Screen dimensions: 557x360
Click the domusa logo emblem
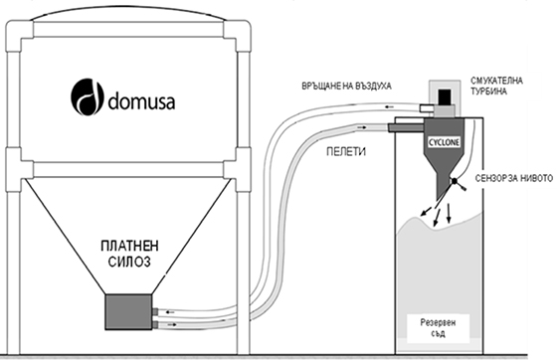88,96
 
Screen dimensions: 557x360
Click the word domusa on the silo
141,100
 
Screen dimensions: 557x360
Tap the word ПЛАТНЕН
129,246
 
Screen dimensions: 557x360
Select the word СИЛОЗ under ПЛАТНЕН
129,262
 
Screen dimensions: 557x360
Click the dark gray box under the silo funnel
129,311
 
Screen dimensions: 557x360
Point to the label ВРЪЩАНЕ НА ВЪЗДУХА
347,87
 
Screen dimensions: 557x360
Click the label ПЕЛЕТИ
346,152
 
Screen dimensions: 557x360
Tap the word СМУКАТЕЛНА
496,81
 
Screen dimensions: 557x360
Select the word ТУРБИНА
488,91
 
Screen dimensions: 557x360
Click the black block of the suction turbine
444,96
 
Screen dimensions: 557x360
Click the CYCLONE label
444,143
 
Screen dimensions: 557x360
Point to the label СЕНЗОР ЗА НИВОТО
513,178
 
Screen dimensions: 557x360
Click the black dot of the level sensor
455,181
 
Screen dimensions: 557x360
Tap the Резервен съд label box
438,328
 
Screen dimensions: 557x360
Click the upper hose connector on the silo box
155,311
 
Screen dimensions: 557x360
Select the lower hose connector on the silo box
155,324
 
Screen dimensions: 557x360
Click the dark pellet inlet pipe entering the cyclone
406,128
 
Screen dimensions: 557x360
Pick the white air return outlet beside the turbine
426,107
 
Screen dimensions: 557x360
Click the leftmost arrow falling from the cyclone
427,210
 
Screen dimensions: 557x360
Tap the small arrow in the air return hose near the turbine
390,106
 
